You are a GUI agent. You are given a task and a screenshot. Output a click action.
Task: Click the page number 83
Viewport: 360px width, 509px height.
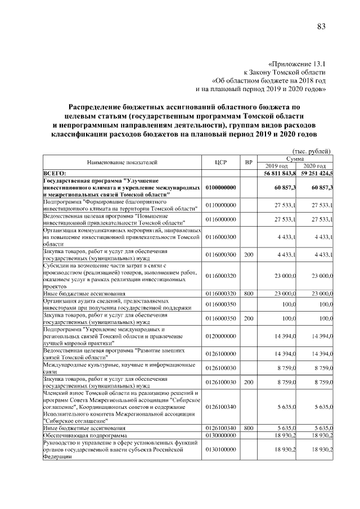(x=321, y=26)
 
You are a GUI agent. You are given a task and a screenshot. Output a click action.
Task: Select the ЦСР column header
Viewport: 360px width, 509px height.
(x=220, y=163)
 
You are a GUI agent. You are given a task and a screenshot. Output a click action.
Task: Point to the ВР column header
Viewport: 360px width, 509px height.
(x=248, y=163)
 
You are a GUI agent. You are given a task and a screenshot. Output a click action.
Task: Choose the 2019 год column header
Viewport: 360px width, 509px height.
(x=277, y=166)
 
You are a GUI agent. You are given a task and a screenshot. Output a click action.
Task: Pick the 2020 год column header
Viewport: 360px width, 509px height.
(x=314, y=166)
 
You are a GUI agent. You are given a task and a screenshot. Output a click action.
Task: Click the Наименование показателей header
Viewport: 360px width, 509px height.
(x=121, y=163)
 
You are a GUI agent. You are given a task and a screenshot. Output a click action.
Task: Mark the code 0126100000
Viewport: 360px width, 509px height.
(x=220, y=353)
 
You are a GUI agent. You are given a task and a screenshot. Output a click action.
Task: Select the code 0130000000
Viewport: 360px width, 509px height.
(x=220, y=435)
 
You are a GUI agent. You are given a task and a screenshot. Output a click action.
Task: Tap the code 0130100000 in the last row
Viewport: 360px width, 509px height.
(x=220, y=449)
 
